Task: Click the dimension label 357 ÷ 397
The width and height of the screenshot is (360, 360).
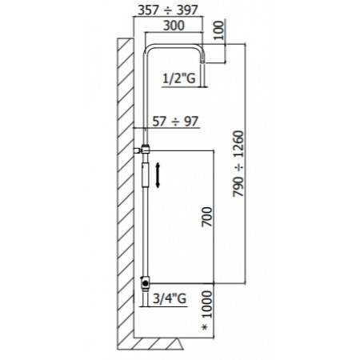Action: tap(168, 10)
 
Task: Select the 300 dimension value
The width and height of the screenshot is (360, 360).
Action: tap(174, 26)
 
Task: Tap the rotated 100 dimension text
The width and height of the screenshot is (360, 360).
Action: tap(218, 30)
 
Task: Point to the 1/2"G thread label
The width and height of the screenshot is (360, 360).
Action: tap(179, 78)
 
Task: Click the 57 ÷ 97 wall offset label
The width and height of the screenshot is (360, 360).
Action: tap(175, 122)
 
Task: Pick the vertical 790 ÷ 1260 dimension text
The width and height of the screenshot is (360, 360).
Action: tap(238, 164)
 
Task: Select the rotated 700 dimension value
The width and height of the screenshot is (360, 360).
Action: tap(207, 217)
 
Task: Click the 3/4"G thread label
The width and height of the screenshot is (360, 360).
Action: tap(170, 298)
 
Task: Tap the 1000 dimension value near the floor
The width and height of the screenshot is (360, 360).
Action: tap(207, 304)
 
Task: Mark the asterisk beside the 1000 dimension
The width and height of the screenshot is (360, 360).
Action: tap(205, 327)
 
